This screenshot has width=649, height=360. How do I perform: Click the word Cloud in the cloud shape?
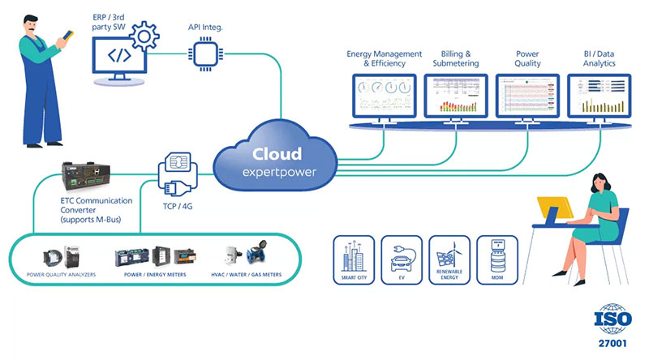[x=277, y=153]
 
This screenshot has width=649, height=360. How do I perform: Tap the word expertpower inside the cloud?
[x=277, y=172]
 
